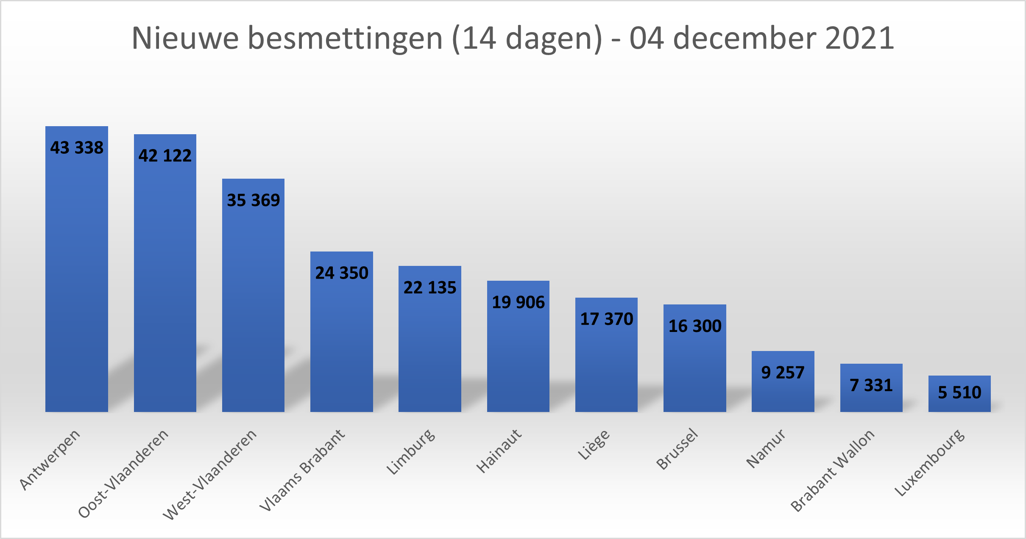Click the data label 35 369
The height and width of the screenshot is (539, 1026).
click(254, 200)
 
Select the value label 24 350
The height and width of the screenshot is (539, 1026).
click(342, 273)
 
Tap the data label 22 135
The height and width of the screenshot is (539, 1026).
click(430, 287)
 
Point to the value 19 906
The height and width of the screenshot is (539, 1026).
click(518, 302)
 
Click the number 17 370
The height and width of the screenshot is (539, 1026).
click(606, 319)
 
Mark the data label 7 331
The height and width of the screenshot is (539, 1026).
click(871, 385)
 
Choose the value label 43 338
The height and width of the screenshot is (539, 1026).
click(77, 148)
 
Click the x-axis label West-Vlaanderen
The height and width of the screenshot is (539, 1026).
click(210, 474)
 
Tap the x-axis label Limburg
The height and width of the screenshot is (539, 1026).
click(411, 451)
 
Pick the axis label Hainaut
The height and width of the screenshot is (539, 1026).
click(499, 451)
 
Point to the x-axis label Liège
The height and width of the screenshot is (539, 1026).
click(594, 444)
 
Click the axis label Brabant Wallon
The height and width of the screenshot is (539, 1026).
click(833, 470)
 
